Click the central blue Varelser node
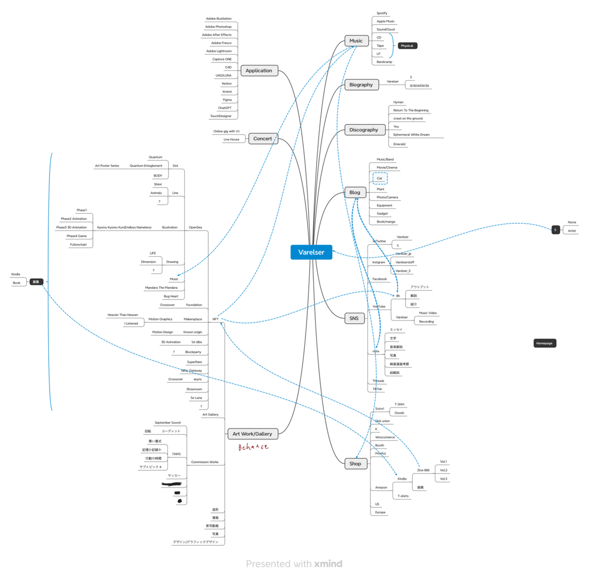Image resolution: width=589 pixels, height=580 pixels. tap(311, 252)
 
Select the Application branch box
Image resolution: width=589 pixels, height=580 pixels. tap(259, 71)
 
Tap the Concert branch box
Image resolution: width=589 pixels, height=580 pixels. tap(263, 139)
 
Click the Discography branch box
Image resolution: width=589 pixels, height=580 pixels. tap(364, 130)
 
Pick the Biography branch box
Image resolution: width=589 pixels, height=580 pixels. tap(361, 85)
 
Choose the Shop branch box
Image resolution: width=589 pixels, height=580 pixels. tap(355, 464)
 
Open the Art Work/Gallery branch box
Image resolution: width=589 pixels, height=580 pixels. tap(252, 434)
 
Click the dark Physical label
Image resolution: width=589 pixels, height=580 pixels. tap(407, 46)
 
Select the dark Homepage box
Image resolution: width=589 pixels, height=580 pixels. tap(544, 343)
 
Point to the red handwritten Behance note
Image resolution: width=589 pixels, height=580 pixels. tap(253, 447)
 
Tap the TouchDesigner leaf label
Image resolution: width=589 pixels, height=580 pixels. tap(221, 116)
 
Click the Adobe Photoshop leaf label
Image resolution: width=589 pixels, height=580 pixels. tap(218, 27)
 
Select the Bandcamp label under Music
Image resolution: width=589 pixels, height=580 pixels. tap(384, 62)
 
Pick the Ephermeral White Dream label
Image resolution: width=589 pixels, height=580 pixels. tap(411, 134)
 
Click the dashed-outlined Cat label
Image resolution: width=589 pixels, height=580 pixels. tap(379, 179)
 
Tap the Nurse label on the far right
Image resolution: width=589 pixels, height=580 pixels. tap(572, 222)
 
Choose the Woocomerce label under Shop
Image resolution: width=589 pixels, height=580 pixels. tap(385, 437)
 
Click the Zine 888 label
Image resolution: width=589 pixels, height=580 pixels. tap(423, 470)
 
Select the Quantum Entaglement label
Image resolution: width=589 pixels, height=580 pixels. tap(146, 166)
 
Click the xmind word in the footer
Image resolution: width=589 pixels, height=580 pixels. tap(328, 564)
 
